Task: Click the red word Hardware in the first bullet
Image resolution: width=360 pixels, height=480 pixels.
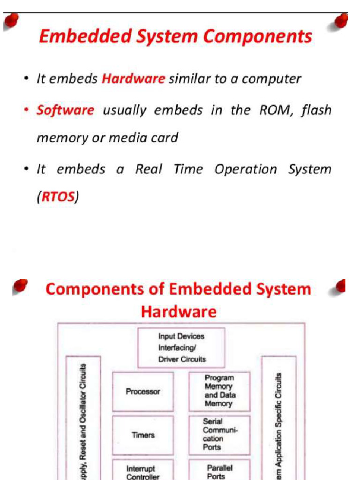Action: click(133, 79)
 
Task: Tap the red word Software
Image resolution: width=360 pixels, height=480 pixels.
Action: click(65, 111)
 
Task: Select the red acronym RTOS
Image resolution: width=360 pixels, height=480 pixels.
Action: click(58, 197)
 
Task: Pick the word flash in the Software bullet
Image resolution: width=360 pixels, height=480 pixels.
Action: click(316, 111)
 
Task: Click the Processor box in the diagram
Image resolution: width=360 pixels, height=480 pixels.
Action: click(143, 391)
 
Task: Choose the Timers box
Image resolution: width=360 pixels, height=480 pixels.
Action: click(143, 435)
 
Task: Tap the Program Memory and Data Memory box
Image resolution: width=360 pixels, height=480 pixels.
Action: click(219, 390)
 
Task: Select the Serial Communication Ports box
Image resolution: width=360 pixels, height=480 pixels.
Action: click(219, 435)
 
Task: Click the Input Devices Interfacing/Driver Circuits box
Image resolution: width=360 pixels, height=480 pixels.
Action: click(181, 348)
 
